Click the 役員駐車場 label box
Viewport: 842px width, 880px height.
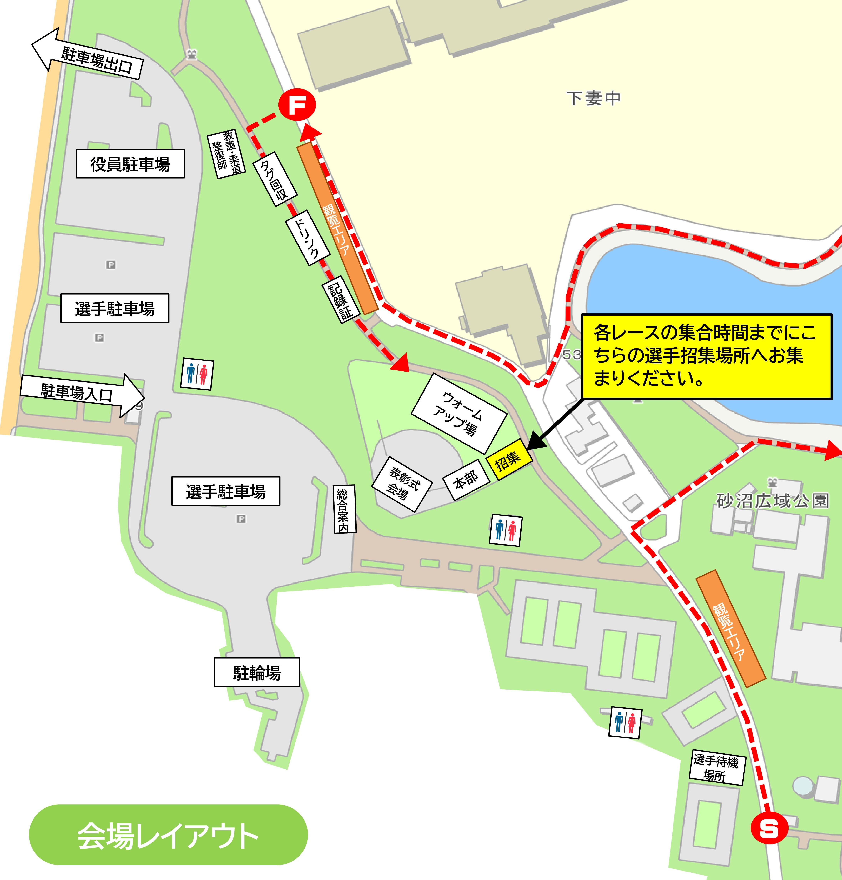(130, 164)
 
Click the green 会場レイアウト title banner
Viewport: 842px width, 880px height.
(168, 836)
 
